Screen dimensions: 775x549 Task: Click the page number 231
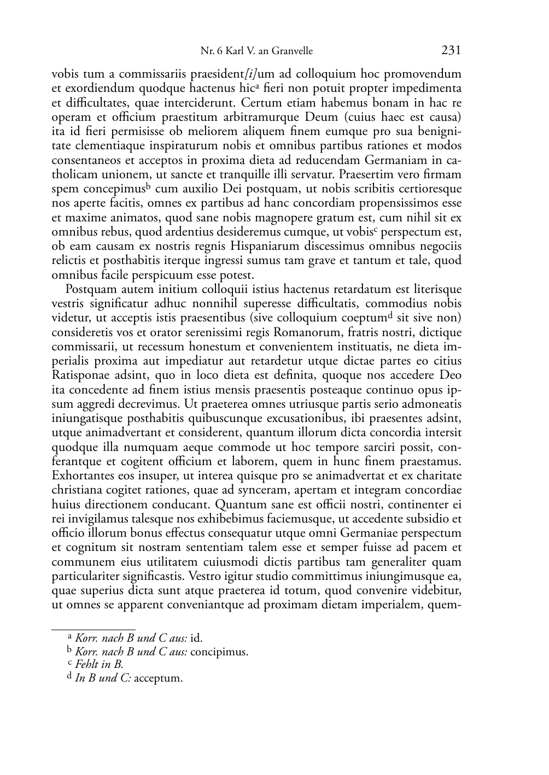click(x=451, y=50)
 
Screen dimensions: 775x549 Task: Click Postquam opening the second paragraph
click(x=86, y=289)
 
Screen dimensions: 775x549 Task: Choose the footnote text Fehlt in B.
click(x=99, y=665)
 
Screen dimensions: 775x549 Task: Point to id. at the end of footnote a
click(x=196, y=638)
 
